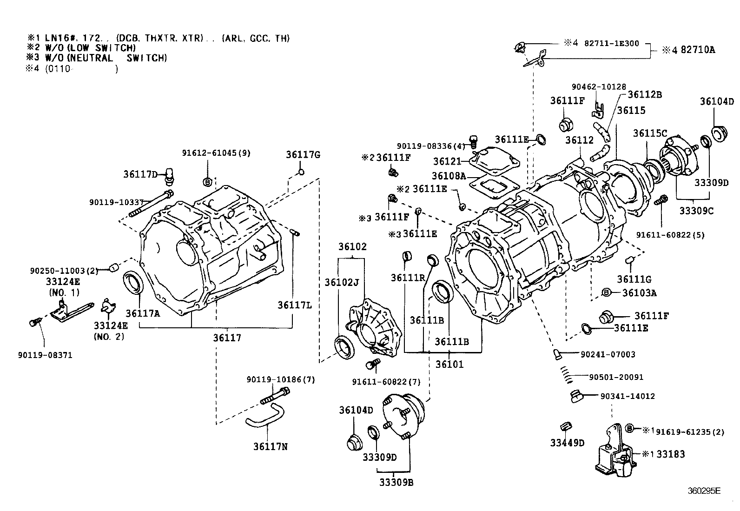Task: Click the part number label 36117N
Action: (270, 446)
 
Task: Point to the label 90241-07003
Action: (608, 354)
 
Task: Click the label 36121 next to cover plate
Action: (447, 161)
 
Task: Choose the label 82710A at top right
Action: (697, 50)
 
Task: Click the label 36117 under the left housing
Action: (227, 338)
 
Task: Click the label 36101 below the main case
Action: (449, 365)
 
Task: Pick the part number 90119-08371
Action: (45, 355)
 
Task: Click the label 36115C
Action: (650, 134)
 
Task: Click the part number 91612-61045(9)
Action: (216, 153)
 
